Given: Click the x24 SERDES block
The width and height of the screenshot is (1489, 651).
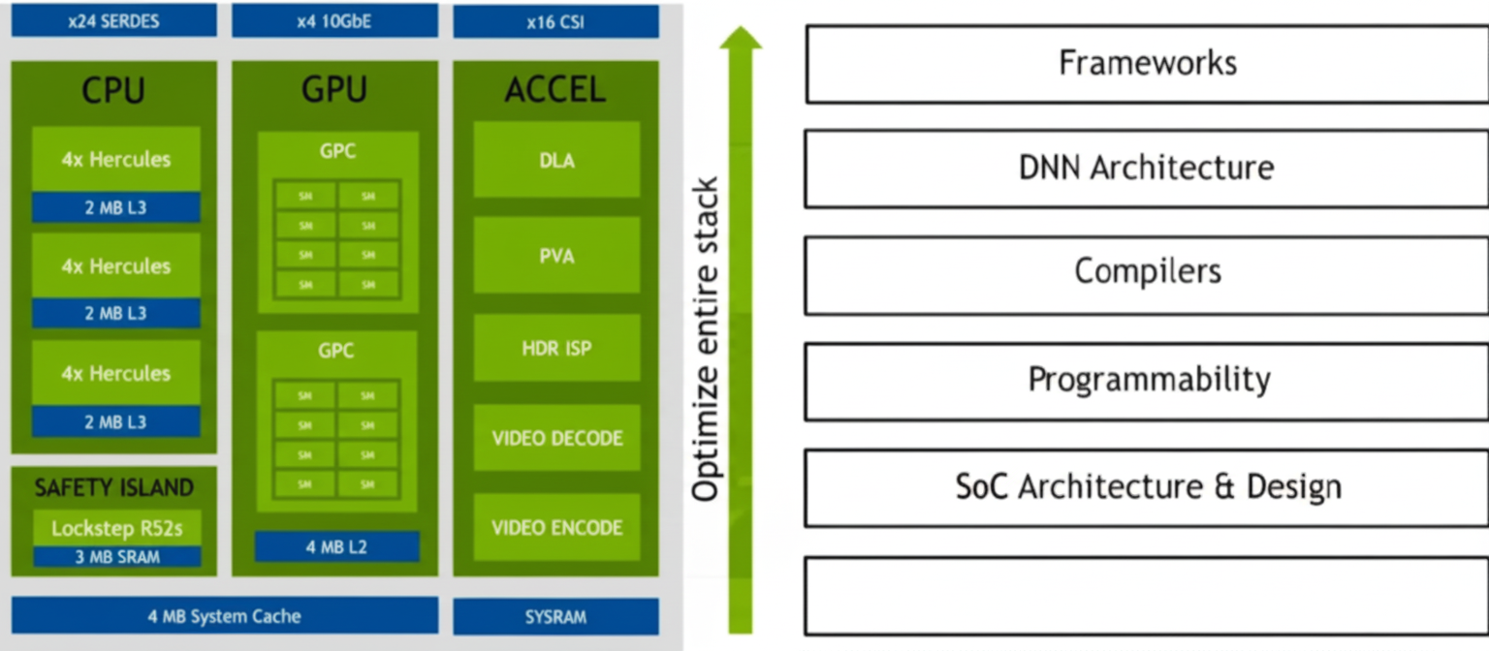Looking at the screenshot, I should click(113, 20).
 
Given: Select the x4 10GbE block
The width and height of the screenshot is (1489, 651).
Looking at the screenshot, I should click(334, 20).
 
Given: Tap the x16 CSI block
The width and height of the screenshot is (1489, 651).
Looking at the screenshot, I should click(555, 20).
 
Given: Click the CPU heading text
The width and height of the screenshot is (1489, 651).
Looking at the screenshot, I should click(113, 90).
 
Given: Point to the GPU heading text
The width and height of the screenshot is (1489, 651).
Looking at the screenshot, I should click(334, 90).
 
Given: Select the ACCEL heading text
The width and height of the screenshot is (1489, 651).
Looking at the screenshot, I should click(555, 90).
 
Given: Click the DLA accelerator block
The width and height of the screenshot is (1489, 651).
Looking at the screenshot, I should click(556, 160).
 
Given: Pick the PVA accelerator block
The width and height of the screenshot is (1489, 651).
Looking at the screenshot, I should click(556, 256).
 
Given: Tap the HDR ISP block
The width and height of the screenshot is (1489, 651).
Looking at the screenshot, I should click(556, 347).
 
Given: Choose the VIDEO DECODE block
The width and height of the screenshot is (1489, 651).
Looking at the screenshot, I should click(556, 438).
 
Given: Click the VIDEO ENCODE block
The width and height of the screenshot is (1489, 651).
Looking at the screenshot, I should click(556, 528).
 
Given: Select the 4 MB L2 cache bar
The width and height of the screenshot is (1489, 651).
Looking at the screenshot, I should click(336, 547).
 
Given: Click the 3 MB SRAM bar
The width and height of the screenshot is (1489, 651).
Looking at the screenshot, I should click(117, 557).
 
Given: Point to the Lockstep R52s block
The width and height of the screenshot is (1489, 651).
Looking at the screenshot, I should click(117, 529).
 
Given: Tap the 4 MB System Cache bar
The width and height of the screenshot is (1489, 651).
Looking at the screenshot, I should click(224, 616).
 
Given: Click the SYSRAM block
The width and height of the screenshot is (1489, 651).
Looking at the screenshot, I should click(555, 616).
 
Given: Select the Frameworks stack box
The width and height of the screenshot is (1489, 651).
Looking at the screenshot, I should click(1147, 64).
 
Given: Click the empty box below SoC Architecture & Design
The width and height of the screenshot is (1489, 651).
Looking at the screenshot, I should click(1147, 596).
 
